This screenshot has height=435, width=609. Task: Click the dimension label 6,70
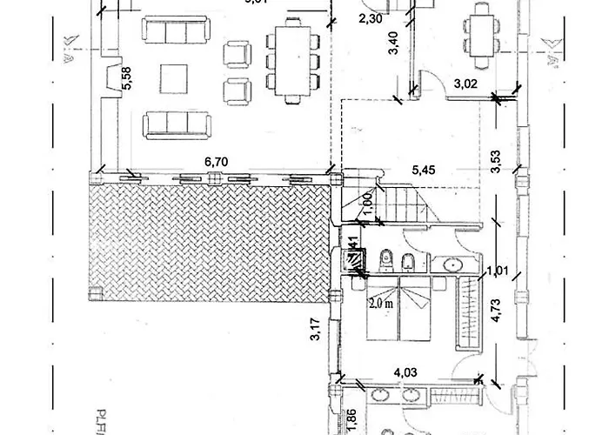[215, 162]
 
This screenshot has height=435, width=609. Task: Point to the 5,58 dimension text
[126, 82]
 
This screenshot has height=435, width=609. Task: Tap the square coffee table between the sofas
[177, 80]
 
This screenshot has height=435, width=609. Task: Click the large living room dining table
[290, 58]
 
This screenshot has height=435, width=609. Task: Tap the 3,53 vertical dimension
[496, 163]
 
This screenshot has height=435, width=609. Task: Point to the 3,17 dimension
[315, 331]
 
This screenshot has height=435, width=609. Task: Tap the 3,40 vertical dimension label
[393, 43]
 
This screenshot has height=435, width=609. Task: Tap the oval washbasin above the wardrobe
[452, 264]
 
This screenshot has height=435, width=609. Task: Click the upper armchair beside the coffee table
[236, 55]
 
